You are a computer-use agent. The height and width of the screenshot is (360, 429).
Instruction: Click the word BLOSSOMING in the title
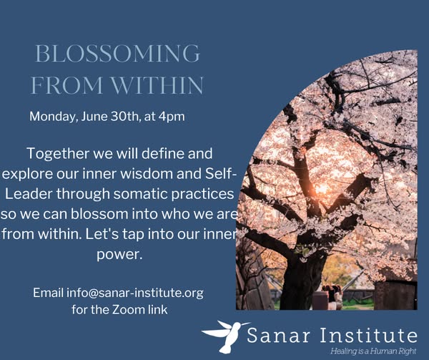pos(118,54)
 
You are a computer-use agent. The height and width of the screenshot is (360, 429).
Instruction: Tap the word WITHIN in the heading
pos(157,85)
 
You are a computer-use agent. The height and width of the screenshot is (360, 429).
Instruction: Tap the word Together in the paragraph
pos(59,154)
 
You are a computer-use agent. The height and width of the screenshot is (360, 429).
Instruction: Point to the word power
pos(119,255)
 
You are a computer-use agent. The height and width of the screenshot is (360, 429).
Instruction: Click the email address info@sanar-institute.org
pos(135,293)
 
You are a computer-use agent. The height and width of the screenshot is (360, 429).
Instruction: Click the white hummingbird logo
pos(225,336)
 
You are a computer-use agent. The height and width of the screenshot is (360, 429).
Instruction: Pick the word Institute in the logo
pos(369,335)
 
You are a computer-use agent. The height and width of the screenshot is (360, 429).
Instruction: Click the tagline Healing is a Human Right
pos(373,351)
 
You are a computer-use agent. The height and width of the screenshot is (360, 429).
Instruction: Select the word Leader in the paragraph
pos(29,194)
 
